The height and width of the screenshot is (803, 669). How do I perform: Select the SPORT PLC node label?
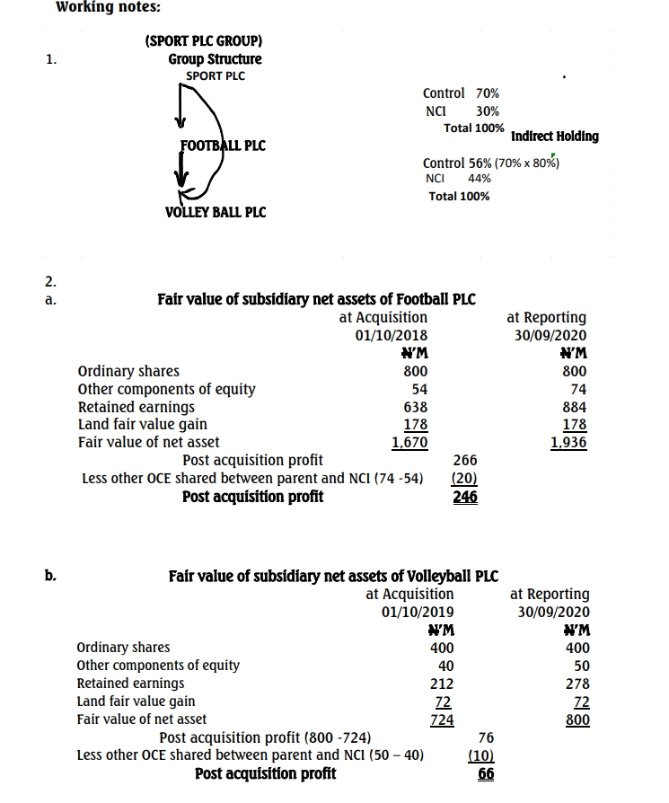coord(215,75)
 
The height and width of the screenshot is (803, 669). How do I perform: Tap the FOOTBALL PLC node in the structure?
coord(223,146)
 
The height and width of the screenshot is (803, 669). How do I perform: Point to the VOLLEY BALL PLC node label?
coord(216,212)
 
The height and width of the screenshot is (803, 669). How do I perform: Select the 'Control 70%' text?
coord(461,93)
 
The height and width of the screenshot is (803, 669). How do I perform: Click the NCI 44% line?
coord(458,179)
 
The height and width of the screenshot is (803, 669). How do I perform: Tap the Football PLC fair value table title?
coord(316,299)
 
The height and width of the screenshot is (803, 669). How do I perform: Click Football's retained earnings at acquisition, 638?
coord(415,407)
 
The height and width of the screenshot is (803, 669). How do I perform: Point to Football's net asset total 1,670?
coord(409,442)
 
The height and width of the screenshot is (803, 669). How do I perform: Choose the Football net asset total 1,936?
coord(568,442)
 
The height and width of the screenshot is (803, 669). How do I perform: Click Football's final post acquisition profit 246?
coord(465,496)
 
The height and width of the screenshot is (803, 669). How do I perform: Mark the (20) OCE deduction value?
coord(465,478)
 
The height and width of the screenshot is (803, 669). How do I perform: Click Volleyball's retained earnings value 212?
coord(440,684)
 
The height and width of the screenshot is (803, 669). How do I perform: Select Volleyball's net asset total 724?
coord(442,719)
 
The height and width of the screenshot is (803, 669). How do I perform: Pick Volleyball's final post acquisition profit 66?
coord(487,773)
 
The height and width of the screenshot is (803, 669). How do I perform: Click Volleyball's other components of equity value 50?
coord(578,666)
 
